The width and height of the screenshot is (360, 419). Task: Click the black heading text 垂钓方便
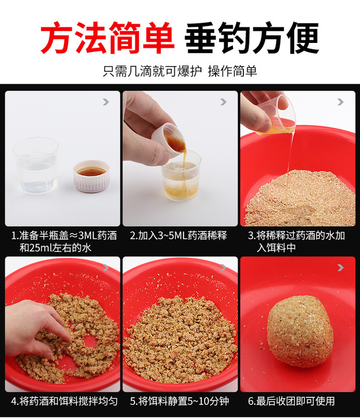[x=253, y=38]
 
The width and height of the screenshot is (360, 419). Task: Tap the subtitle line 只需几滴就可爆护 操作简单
[x=179, y=71]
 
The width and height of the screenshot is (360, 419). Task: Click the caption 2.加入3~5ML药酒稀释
[x=178, y=236]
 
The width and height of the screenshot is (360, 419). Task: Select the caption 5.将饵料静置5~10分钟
[x=178, y=402]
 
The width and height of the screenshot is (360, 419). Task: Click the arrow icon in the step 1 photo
[x=106, y=102]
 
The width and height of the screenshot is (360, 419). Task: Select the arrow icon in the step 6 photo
[x=341, y=268]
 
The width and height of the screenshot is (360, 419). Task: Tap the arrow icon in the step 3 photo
[x=341, y=102]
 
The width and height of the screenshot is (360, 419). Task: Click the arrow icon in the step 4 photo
[x=106, y=268]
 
